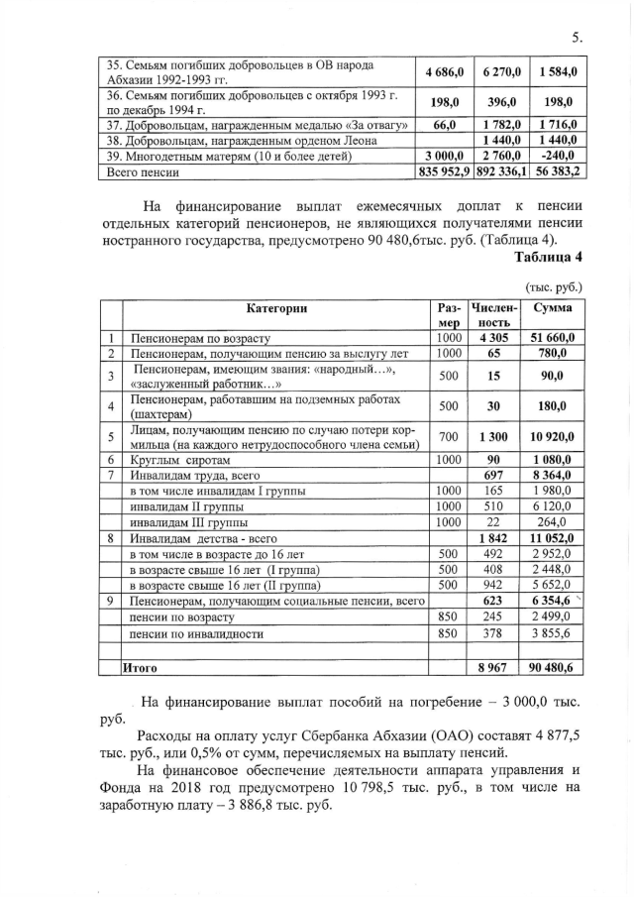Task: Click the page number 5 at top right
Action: tap(575, 37)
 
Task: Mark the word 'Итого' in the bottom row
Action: tap(140, 669)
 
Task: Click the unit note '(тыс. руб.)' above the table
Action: tap(557, 286)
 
